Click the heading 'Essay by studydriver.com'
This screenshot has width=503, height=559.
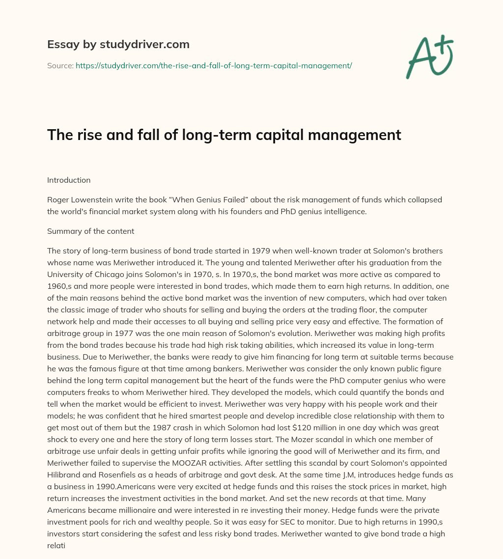[x=118, y=44]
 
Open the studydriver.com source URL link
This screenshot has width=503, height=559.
[x=214, y=65]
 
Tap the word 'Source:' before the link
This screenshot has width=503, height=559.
[x=60, y=65]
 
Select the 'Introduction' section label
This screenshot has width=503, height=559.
[x=69, y=180]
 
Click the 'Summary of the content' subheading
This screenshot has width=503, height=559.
[x=90, y=231]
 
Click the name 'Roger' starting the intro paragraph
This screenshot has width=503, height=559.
[x=57, y=200]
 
